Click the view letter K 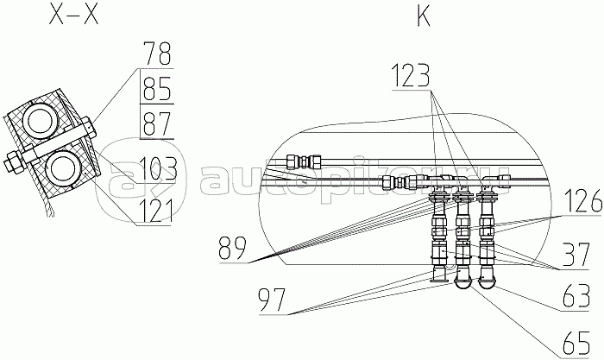pos(424,16)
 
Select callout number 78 pos(156,54)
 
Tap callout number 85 pos(156,88)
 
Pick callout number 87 pos(156,123)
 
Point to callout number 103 pos(157,168)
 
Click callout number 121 pos(154,212)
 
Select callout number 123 pos(411,76)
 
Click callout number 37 pos(576,255)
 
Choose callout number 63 pos(576,296)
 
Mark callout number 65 pos(576,343)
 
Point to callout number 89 pos(232,249)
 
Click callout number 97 pos(273,300)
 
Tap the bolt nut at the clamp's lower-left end pos(15,161)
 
